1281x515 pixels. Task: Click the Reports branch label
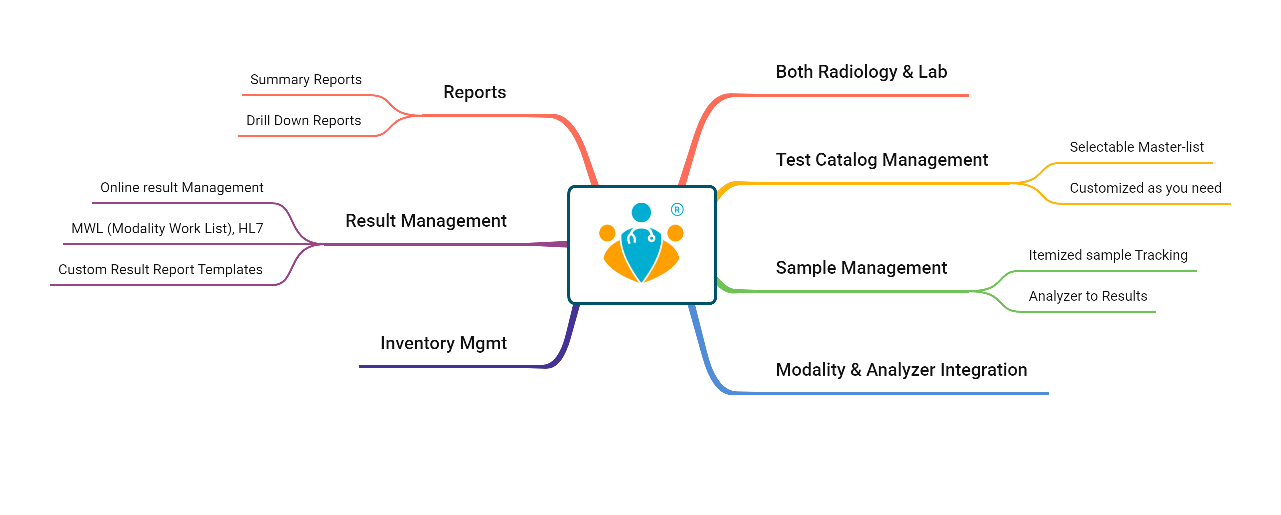coord(474,92)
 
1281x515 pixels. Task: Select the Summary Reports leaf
coord(306,80)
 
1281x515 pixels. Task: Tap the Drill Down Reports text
coord(303,121)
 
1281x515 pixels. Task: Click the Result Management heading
coord(426,221)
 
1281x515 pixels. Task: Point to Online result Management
coord(182,188)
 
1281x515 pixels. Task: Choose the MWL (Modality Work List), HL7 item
coord(167,229)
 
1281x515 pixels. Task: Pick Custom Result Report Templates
coord(160,270)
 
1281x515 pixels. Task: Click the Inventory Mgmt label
coord(443,343)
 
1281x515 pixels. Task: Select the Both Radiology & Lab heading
coord(861,72)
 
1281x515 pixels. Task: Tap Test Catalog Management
coord(882,160)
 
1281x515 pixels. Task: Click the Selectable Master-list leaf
coord(1136,147)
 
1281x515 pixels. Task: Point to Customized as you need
coord(1145,188)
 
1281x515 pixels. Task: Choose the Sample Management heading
coord(861,268)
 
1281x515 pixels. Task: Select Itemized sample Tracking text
coord(1108,255)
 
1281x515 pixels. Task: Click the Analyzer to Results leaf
coord(1088,296)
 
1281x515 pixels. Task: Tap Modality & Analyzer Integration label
coord(901,370)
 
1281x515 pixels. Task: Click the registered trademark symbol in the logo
coord(677,210)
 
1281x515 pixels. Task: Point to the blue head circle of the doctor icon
coord(641,212)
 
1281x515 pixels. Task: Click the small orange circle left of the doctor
coord(607,233)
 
